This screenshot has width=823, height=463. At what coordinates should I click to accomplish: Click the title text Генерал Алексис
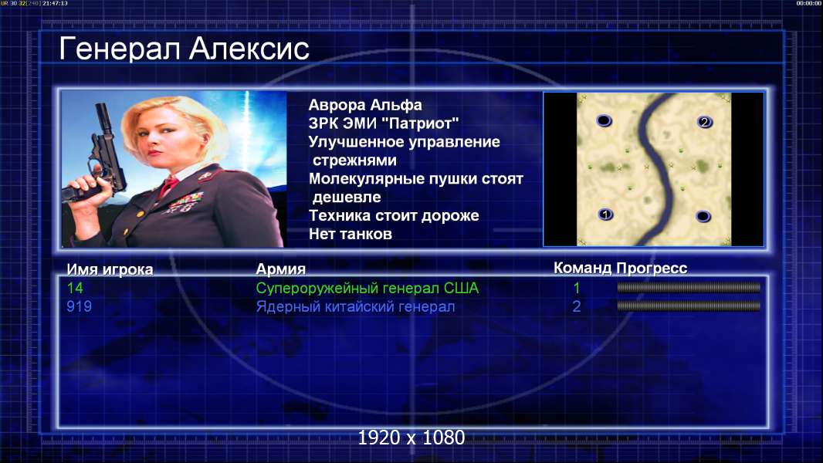[x=184, y=49]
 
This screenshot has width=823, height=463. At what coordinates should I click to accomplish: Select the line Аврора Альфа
[x=364, y=105]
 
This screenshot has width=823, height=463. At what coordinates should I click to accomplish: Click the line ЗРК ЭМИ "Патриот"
[x=383, y=123]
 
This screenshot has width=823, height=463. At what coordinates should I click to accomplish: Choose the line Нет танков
[x=350, y=234]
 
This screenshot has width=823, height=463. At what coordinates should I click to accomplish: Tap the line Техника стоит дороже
[x=394, y=215]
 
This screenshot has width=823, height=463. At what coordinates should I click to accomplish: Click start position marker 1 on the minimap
[x=606, y=215]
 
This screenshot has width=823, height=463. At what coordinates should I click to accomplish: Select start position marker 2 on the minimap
[x=704, y=122]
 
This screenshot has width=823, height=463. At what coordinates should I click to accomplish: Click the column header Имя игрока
[x=110, y=269]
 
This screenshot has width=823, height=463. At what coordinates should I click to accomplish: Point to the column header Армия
[x=280, y=269]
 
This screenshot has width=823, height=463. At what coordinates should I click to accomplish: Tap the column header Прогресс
[x=652, y=269]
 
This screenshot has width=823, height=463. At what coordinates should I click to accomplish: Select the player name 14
[x=75, y=288]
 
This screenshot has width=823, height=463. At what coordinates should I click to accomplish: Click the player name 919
[x=79, y=306]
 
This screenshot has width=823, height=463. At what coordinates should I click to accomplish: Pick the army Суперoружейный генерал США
[x=367, y=289]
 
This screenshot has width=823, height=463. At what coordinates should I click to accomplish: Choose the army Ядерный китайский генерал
[x=355, y=307]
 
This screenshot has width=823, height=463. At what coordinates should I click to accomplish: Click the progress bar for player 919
[x=689, y=306]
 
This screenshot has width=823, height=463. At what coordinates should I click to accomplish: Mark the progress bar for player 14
[x=689, y=287]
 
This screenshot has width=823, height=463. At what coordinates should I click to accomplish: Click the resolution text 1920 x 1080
[x=411, y=438]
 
